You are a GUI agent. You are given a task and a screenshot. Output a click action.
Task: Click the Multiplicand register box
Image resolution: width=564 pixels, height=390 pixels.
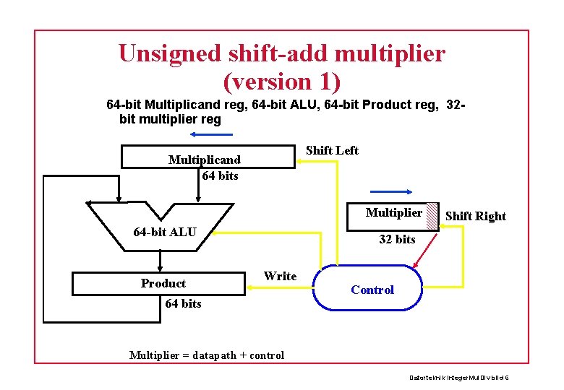point(208,157)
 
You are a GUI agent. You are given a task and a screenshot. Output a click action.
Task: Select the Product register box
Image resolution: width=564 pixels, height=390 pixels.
point(159,284)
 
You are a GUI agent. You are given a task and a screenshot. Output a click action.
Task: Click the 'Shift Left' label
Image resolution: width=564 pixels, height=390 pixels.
point(332,150)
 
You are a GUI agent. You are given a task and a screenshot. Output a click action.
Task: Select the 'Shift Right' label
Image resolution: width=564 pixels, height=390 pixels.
point(476,216)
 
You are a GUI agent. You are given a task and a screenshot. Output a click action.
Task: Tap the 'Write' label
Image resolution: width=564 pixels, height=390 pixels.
point(281,276)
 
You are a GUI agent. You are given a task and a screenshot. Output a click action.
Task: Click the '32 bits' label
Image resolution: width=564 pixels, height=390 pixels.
point(397,239)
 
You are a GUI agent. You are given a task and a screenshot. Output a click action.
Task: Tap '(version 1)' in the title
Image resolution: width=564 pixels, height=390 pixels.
point(282,82)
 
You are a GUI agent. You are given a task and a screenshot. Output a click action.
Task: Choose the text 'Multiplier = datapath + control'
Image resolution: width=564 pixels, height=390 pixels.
point(207,355)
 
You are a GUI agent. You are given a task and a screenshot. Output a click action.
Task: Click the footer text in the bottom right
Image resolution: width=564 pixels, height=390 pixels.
point(458,377)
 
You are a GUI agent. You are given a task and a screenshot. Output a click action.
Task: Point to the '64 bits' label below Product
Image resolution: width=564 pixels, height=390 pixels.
point(184,303)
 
